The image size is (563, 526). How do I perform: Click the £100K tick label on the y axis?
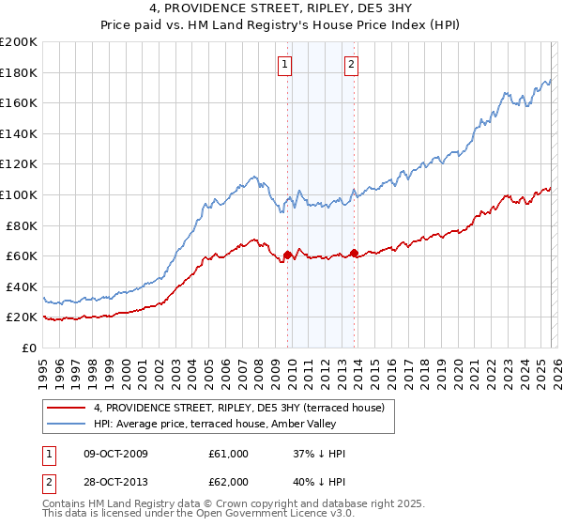pos(18,194)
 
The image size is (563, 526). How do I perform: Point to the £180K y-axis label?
pos(18,72)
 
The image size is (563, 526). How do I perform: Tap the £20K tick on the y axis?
pos(21,317)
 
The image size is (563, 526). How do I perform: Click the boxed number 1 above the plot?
pos(284,65)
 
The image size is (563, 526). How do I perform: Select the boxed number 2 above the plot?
pos(351,65)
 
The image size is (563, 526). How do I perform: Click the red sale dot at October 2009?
pos(287,255)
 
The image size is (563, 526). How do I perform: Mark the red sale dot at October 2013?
pos(354,253)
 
